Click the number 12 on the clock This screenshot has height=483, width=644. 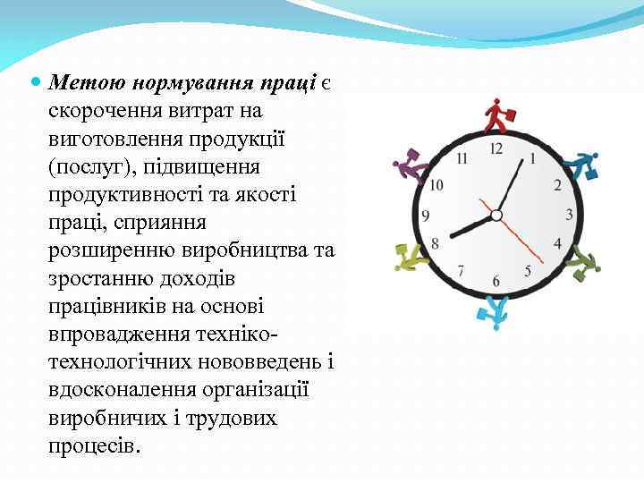click(x=496, y=148)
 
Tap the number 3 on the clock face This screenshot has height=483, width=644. click(x=570, y=215)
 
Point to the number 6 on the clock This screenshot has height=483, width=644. click(x=496, y=283)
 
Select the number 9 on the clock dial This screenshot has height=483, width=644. click(x=426, y=216)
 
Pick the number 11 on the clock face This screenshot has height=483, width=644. click(x=462, y=159)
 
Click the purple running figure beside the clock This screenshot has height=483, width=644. click(x=410, y=167)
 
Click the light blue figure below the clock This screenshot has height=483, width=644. click(x=493, y=309)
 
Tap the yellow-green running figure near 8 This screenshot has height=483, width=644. click(x=411, y=258)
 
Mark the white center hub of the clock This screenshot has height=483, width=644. click(x=497, y=215)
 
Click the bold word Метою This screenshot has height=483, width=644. click(x=89, y=82)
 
